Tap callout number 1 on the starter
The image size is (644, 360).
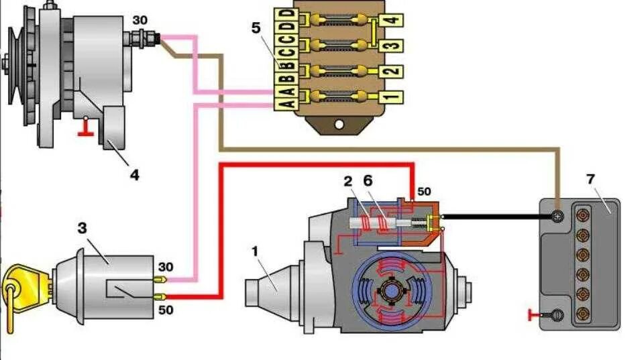pyautogui.click(x=254, y=253)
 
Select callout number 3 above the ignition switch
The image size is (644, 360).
pyautogui.click(x=82, y=228)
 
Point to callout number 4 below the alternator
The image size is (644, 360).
pyautogui.click(x=135, y=175)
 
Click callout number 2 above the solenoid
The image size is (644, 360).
pyautogui.click(x=347, y=181)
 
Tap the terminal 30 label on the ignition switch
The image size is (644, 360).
pyautogui.click(x=166, y=266)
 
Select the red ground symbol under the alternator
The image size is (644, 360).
pyautogui.click(x=85, y=129)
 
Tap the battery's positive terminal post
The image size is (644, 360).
pyautogui.click(x=557, y=217)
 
